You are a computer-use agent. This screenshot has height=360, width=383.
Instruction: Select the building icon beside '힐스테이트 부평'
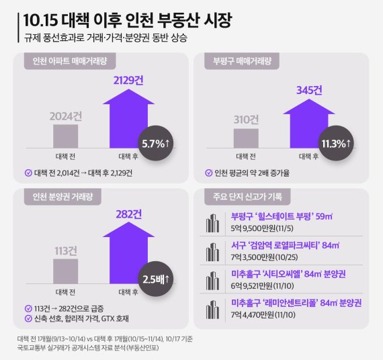(218, 223)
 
